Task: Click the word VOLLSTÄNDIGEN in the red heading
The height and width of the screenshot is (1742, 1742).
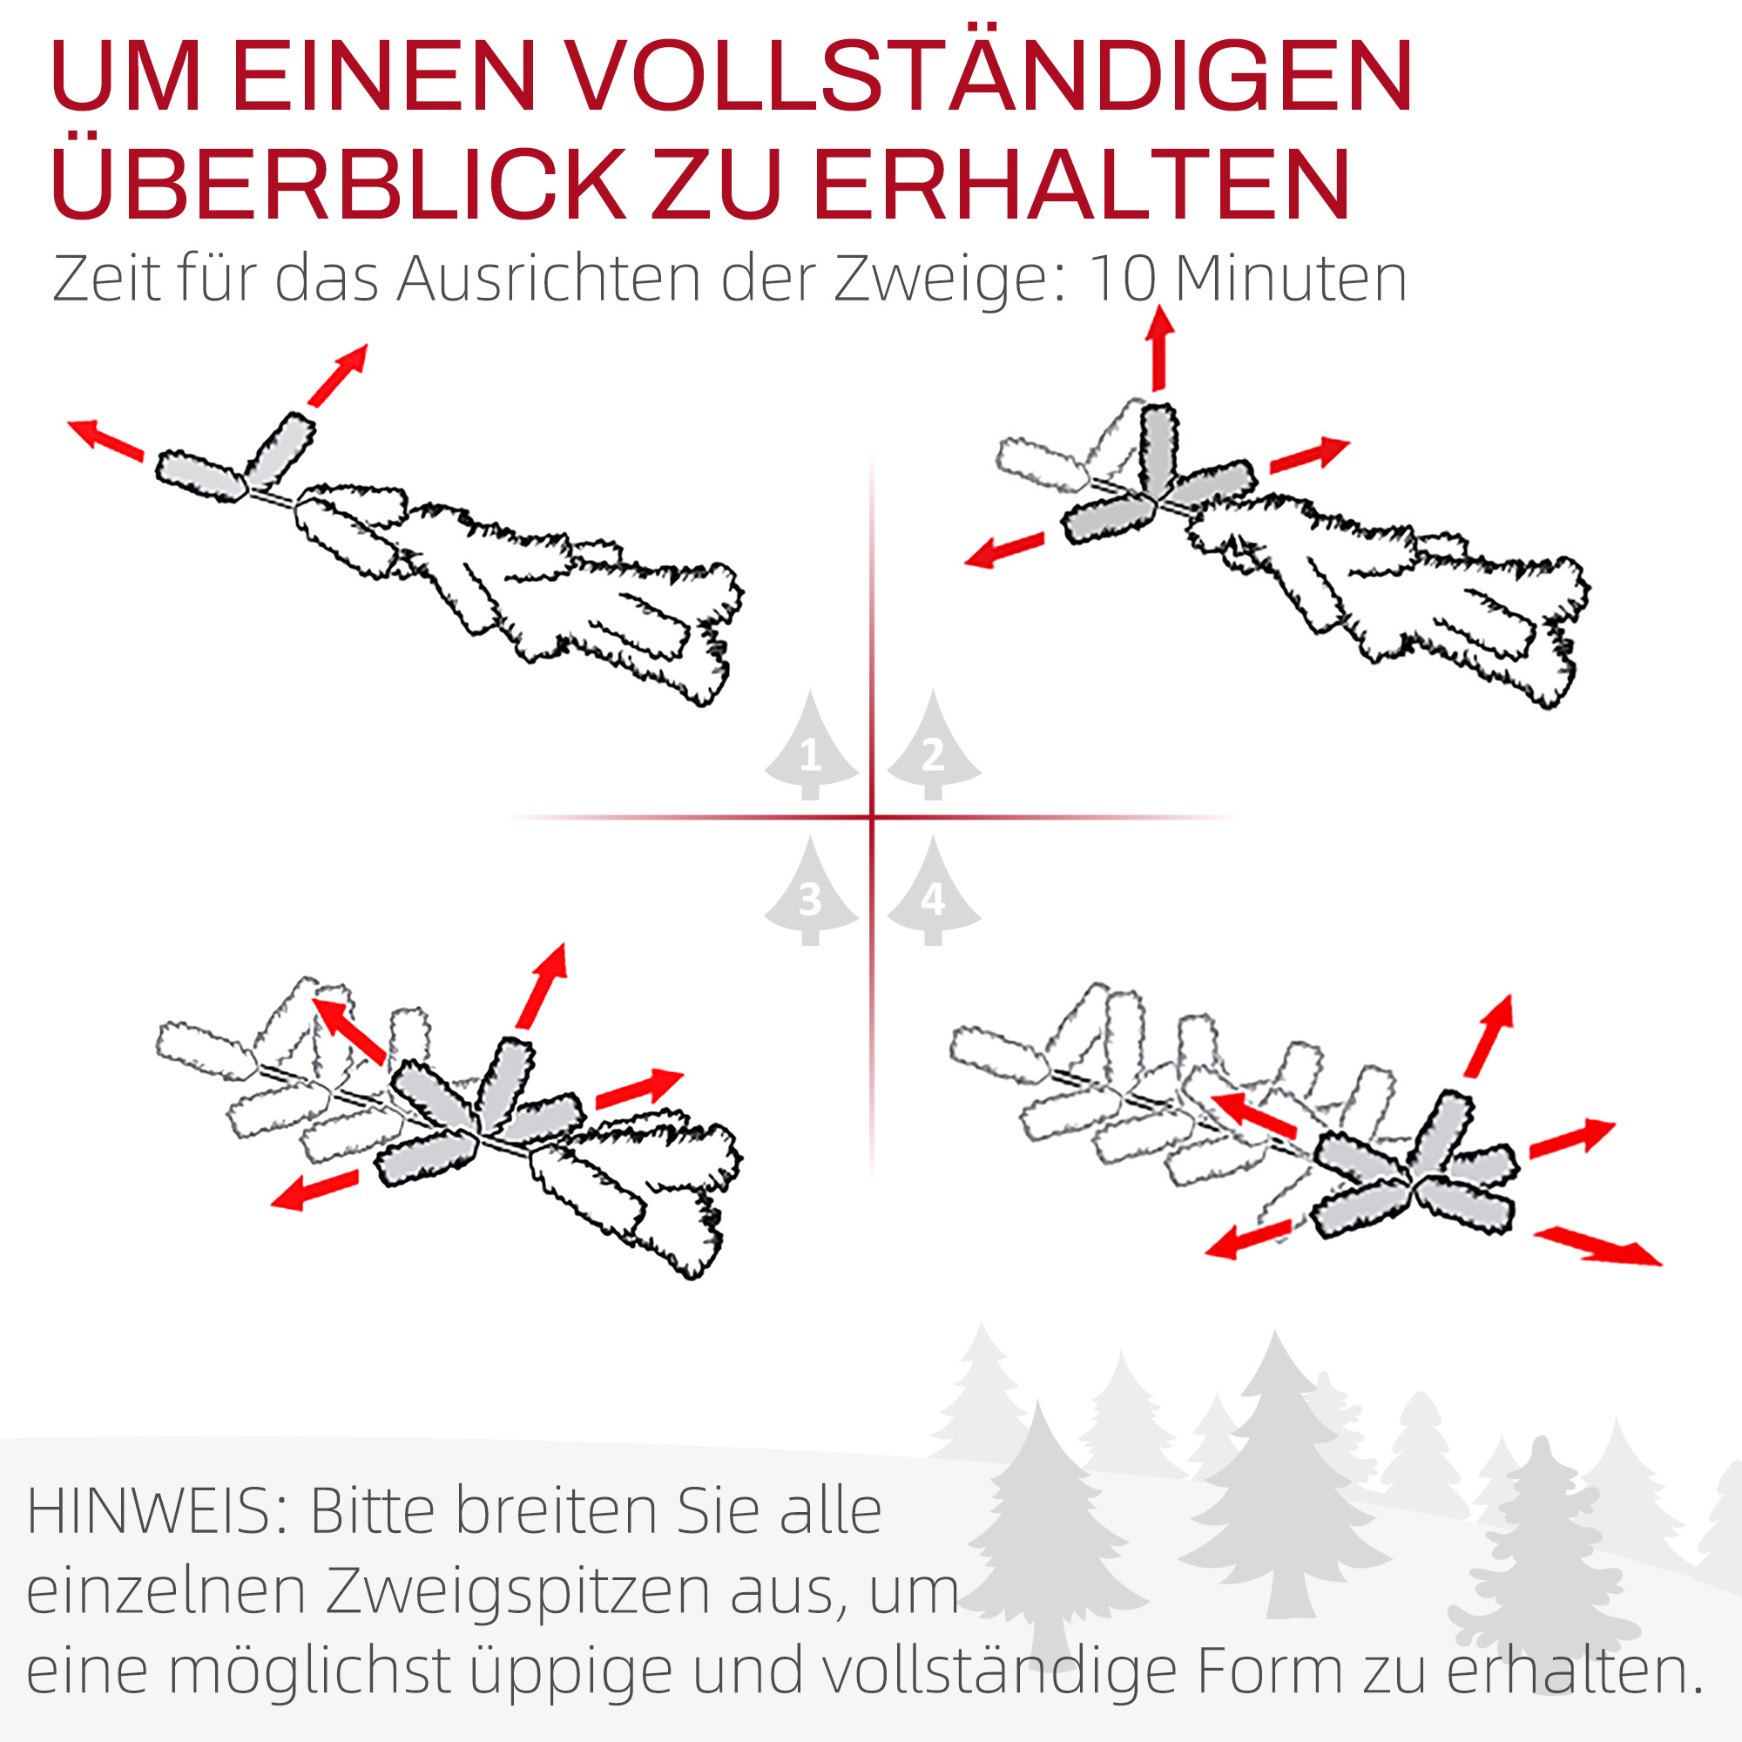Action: (992, 77)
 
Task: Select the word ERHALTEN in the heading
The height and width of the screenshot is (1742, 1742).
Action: (1082, 185)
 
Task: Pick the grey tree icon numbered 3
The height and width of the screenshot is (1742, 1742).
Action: (811, 895)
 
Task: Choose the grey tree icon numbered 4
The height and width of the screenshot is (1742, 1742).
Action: (933, 895)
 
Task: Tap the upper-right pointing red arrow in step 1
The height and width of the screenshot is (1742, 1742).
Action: (338, 374)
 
